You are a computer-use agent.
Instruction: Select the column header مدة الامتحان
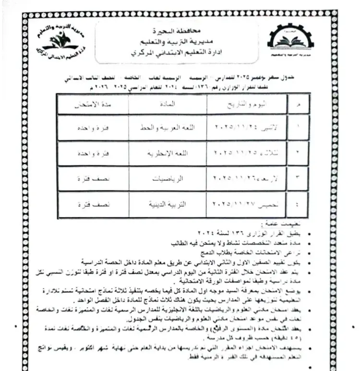92,104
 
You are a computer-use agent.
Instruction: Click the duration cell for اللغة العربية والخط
91,129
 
